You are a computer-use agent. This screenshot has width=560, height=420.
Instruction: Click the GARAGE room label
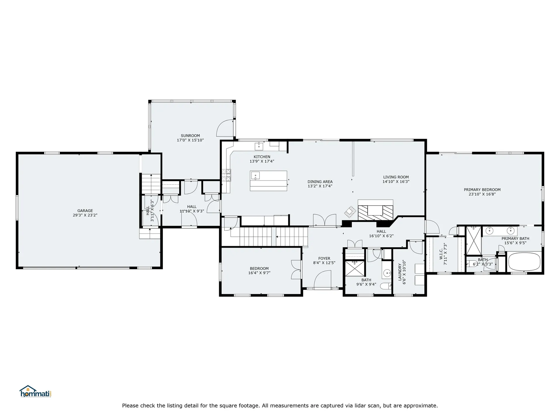tap(85, 211)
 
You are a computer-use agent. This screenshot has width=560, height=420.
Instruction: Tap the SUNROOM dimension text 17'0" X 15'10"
tap(190, 140)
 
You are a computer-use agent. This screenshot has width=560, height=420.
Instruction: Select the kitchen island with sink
tap(268, 181)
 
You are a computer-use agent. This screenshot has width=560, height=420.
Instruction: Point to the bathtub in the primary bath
tap(524, 262)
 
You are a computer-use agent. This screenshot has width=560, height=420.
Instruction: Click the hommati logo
tap(36, 392)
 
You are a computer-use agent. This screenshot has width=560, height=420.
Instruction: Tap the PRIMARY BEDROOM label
tap(482, 190)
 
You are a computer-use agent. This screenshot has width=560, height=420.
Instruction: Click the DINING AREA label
tap(320, 182)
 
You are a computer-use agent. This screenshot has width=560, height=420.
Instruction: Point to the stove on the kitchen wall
tap(226, 175)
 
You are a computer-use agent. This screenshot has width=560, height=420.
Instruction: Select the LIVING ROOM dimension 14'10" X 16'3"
tap(396, 181)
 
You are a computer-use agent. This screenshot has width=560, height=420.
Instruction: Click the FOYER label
tap(324, 258)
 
